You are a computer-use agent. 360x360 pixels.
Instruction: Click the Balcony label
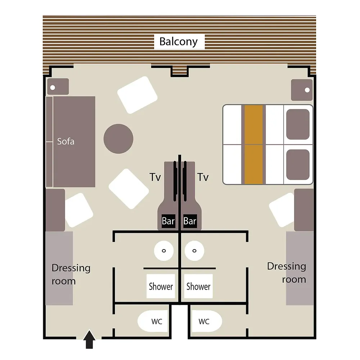click(179, 41)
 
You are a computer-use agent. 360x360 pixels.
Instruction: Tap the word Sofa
click(66, 141)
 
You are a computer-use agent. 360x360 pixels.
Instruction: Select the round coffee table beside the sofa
click(118, 139)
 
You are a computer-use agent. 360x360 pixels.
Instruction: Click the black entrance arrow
click(89, 339)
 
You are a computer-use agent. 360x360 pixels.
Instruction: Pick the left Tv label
click(155, 177)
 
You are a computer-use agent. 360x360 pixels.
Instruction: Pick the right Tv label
click(203, 177)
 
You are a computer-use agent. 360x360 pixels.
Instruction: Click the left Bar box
click(168, 221)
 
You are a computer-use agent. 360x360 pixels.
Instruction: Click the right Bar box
click(190, 221)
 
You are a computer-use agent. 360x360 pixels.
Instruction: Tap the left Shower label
click(161, 286)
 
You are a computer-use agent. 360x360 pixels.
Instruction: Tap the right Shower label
click(198, 286)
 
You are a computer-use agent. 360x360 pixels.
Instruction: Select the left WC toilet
click(153, 321)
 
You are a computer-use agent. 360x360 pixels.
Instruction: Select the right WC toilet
click(207, 321)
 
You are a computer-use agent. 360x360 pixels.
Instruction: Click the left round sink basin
click(164, 251)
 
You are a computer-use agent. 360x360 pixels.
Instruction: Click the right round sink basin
click(194, 251)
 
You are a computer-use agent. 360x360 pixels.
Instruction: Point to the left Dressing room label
click(71, 274)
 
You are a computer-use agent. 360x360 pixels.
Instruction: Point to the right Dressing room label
click(287, 273)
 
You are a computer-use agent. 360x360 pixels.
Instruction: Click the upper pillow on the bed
click(298, 124)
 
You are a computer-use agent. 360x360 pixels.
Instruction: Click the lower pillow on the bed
click(298, 165)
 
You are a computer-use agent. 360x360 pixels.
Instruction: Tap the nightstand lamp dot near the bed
click(307, 90)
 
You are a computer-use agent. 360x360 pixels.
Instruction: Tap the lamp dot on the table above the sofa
click(53, 87)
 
